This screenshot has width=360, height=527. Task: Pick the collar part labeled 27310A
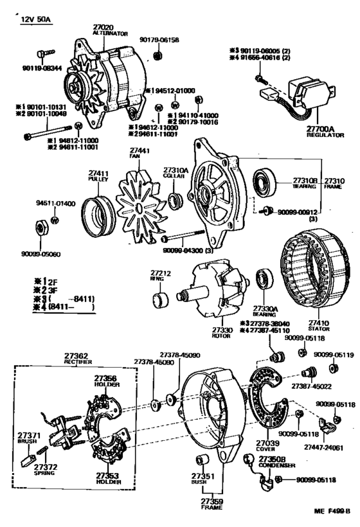pos(175,199)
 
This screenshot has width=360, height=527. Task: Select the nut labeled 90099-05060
pos(39,228)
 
